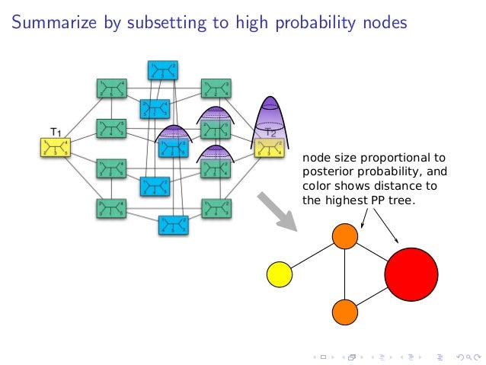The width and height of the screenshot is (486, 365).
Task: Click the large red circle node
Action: coord(411,273)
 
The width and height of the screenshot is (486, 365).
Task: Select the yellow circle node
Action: coord(280,274)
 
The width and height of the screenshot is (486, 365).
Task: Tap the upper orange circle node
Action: coord(345,235)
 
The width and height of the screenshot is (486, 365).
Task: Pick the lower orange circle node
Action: coord(345,311)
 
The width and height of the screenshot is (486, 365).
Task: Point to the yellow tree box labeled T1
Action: coord(54,147)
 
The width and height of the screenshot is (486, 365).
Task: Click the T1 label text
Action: coord(56,131)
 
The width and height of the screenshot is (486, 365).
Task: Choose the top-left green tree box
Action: coord(111,88)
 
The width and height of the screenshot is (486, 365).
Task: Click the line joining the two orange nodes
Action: coord(345,273)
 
